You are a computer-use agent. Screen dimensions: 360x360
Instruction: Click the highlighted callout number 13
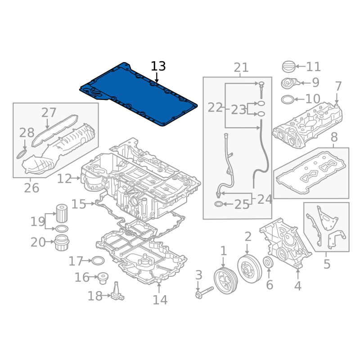tap(158, 66)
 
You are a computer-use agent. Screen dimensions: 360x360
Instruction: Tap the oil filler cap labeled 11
tap(288, 67)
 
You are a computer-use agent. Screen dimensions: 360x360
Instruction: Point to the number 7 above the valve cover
tap(338, 86)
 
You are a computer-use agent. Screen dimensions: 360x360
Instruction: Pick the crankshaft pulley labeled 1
tap(226, 280)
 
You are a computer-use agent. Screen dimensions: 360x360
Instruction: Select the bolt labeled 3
tap(204, 292)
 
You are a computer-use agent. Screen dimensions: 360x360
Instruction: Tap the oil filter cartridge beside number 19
tap(62, 213)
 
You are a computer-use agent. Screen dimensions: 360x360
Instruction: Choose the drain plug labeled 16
tap(103, 278)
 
